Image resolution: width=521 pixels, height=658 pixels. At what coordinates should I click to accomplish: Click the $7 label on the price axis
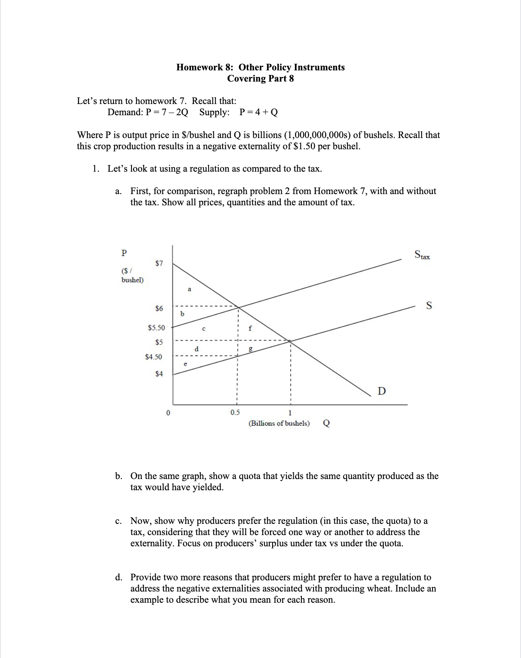159,263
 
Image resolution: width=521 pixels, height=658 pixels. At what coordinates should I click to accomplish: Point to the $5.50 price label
156,327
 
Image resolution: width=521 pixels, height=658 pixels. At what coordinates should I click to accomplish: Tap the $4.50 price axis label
153,357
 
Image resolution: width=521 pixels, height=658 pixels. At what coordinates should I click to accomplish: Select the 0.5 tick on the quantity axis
235,412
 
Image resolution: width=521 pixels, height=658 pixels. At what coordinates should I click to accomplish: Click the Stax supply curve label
422,255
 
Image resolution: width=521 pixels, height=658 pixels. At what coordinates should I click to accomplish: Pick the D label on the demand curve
381,391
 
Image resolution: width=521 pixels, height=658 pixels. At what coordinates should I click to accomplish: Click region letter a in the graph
189,289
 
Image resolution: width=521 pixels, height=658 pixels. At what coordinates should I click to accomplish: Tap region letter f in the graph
250,328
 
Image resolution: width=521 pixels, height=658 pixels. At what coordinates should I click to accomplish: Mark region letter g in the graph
250,349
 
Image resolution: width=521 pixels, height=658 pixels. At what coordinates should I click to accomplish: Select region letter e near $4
185,364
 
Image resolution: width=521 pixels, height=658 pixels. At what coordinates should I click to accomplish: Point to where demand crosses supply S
290,341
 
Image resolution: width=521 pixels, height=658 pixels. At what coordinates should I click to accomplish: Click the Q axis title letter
326,423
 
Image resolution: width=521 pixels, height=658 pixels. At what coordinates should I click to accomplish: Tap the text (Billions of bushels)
279,423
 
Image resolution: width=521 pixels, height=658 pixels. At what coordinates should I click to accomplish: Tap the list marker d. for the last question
119,577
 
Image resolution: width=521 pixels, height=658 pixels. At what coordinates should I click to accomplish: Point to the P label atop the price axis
124,253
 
